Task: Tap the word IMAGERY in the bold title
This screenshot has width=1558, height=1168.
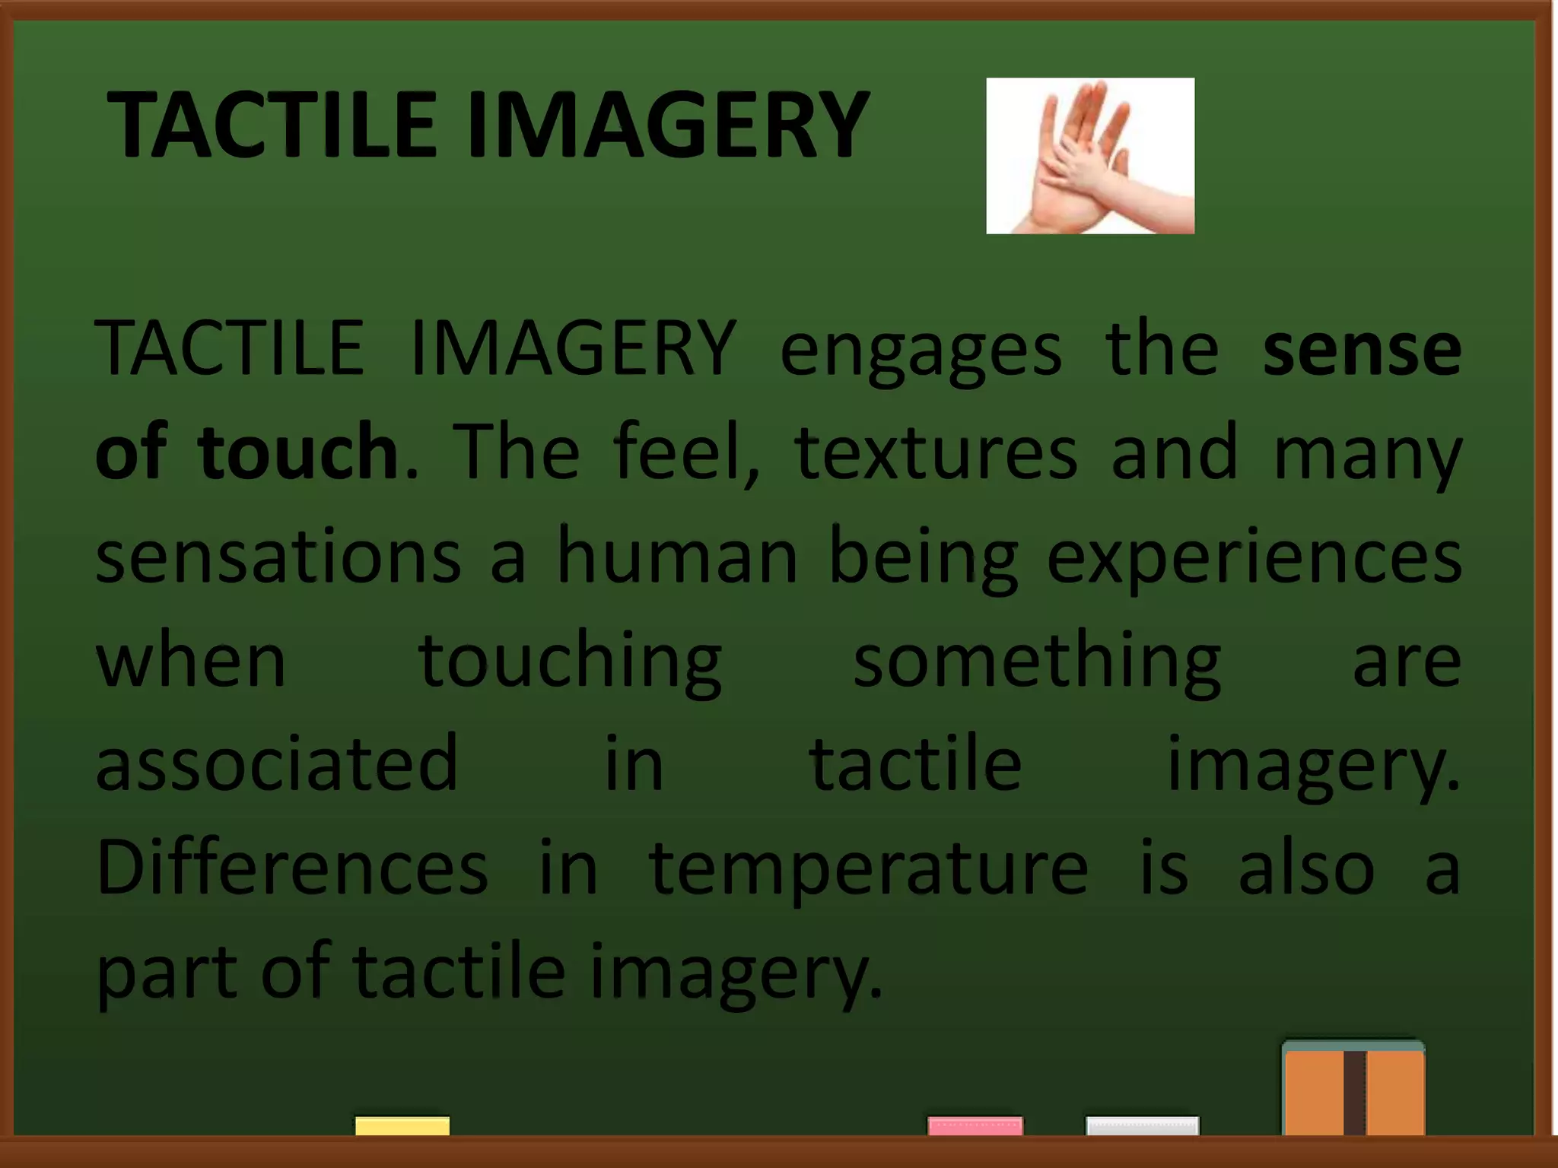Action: pos(668,125)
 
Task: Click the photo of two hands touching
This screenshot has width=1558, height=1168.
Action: pos(1089,156)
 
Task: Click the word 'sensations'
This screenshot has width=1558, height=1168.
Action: pos(278,556)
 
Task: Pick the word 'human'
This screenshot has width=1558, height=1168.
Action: pos(678,556)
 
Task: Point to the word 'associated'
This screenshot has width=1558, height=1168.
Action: pos(277,763)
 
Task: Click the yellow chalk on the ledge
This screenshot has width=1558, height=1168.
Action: pos(402,1126)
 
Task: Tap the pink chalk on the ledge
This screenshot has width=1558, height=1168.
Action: pos(975,1126)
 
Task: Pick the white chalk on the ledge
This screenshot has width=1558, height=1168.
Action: pos(1142,1126)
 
